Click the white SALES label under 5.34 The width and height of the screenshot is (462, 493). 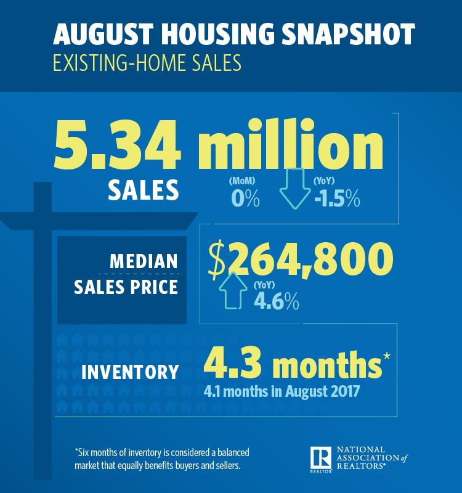click(x=144, y=190)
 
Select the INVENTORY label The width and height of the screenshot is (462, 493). click(x=129, y=372)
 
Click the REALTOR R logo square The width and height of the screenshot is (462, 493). click(x=322, y=457)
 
